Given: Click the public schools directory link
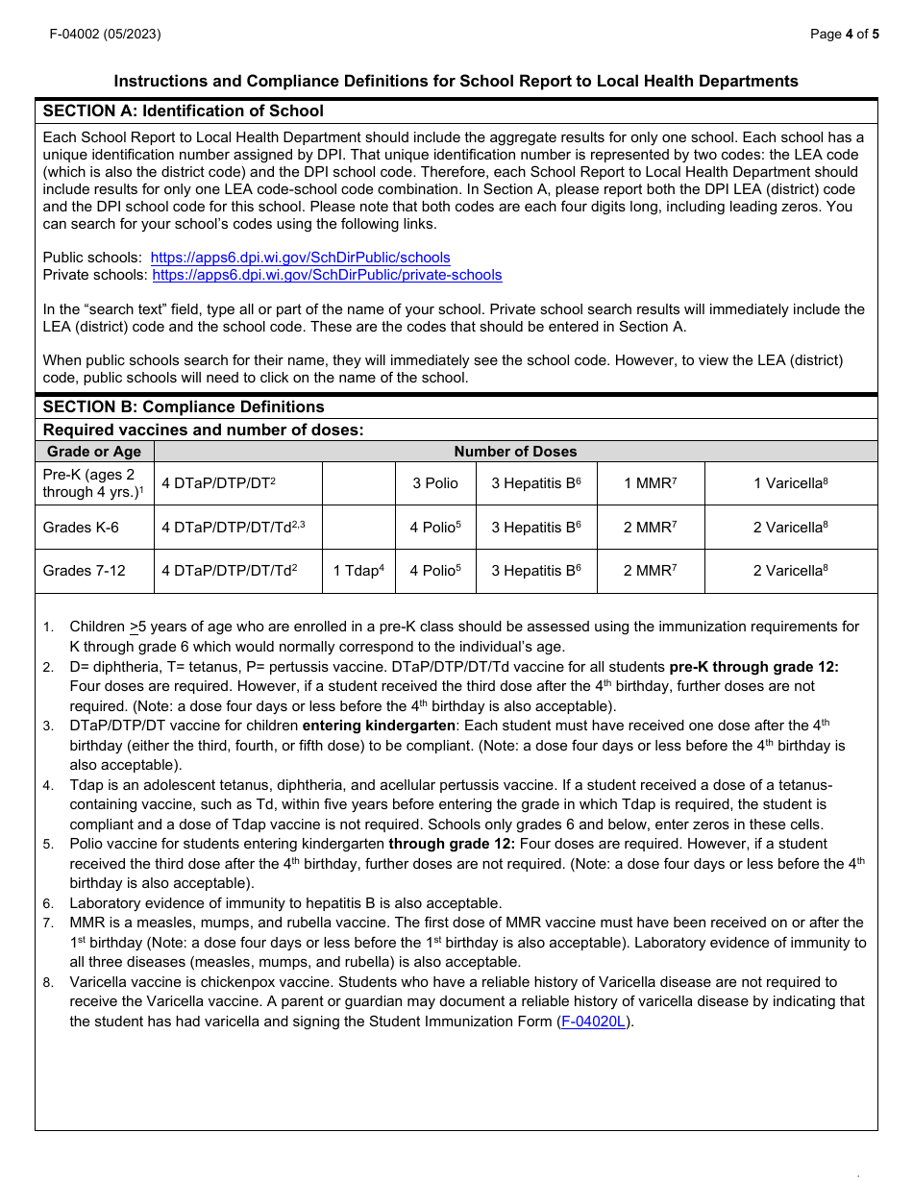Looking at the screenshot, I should tap(300, 258).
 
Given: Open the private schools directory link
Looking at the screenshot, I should tap(327, 275).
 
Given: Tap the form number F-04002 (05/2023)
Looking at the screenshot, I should tap(106, 34).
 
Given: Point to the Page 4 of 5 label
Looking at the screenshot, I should tap(844, 34).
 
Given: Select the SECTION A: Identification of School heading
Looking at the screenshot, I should tap(183, 111).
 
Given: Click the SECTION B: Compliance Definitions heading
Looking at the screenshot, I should tap(184, 406).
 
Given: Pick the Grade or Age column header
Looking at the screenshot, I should tap(94, 452).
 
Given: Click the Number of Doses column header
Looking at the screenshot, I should tap(515, 452).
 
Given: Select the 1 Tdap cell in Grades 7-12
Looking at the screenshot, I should tap(358, 571).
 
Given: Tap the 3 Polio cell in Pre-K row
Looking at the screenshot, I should tap(435, 483).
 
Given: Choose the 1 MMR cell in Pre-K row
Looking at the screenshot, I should tap(650, 483).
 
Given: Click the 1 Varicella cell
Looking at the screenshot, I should tap(790, 483).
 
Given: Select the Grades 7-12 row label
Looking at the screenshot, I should tap(84, 571).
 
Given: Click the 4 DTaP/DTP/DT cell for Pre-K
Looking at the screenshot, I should tap(218, 483).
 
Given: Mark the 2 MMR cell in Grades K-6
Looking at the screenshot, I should tap(650, 528).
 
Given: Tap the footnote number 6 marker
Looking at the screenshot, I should tap(47, 903).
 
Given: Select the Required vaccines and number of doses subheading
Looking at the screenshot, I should tap(203, 430).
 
